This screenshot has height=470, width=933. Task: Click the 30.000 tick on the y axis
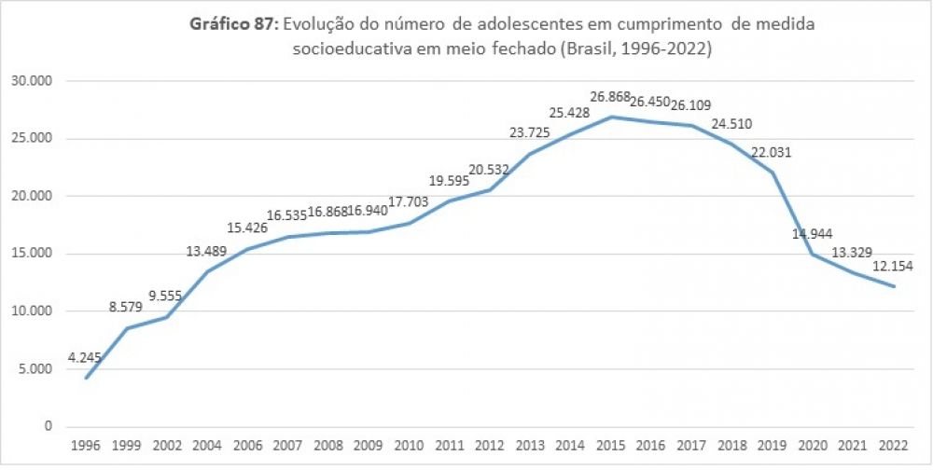click(x=32, y=81)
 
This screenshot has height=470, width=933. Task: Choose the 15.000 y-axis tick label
click(x=32, y=254)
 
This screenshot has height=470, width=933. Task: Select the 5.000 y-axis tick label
click(x=35, y=369)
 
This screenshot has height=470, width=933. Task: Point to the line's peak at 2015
click(x=611, y=117)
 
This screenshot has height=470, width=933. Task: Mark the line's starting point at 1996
click(x=87, y=378)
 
